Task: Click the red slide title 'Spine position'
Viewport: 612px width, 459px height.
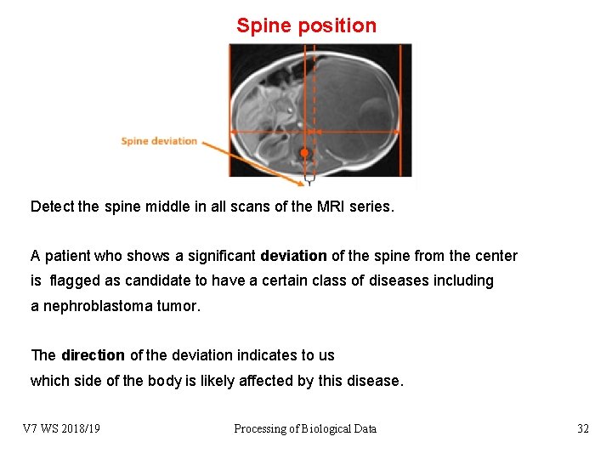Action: (306, 25)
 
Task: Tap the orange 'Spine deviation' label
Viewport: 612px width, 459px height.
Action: (159, 141)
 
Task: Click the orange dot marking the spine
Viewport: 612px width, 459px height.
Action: (304, 153)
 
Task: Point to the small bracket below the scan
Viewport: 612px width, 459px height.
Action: (309, 179)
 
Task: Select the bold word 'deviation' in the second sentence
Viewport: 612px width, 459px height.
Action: (293, 256)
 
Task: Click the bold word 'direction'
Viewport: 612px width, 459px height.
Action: (93, 355)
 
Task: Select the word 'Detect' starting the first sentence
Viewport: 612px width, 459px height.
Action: (52, 207)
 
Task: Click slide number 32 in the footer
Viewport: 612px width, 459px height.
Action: (582, 428)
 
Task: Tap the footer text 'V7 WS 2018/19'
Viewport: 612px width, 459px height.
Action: (61, 428)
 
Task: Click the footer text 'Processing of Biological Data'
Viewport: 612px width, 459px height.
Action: (305, 428)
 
